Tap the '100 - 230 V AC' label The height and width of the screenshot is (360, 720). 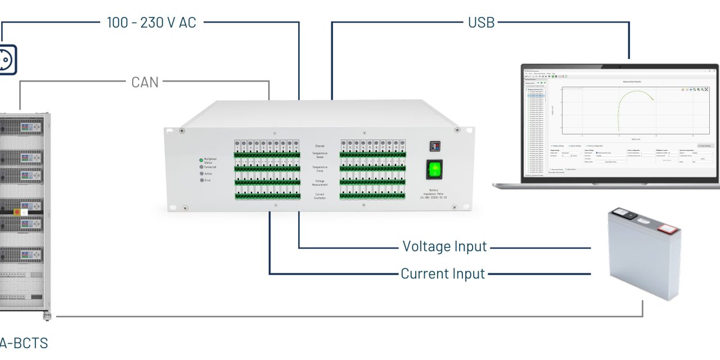[x=151, y=23]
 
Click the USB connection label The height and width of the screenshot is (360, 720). [x=481, y=22]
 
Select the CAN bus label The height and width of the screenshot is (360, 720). [x=145, y=82]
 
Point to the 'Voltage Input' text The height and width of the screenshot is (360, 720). [x=444, y=246]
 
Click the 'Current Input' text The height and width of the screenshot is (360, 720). [x=443, y=274]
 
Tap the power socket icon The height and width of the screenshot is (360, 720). [x=6, y=58]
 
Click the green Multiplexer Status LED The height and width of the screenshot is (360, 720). [x=201, y=160]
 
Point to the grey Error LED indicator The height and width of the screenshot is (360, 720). [x=201, y=180]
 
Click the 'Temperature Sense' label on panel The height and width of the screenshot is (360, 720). [x=319, y=155]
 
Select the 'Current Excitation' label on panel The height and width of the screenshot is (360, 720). [x=319, y=196]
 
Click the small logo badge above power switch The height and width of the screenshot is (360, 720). [x=434, y=146]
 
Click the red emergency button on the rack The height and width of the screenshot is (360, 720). [x=16, y=211]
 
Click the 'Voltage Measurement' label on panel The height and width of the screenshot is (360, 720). [x=319, y=183]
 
